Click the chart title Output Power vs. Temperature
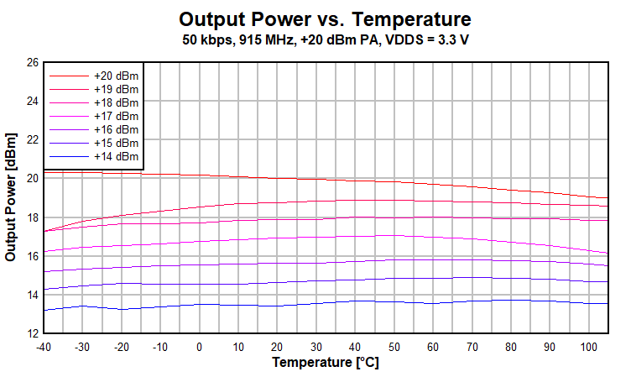[x=325, y=19]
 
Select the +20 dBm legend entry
[x=116, y=76]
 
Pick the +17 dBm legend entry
[x=116, y=116]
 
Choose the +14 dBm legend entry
[x=116, y=156]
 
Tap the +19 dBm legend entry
[x=116, y=89]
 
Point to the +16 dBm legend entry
[x=116, y=129]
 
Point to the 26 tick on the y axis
[x=32, y=62]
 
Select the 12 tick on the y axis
[x=32, y=333]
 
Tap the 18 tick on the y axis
[x=32, y=217]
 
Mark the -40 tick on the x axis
[x=44, y=346]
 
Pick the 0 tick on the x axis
[x=199, y=346]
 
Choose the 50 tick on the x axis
[x=394, y=346]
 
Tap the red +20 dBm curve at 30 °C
[x=316, y=180]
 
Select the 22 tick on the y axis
[x=32, y=139]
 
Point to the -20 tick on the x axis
[x=121, y=346]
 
